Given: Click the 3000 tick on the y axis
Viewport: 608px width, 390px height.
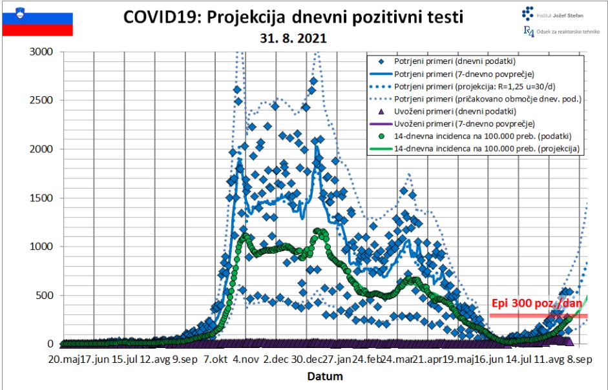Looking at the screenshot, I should coord(42,52).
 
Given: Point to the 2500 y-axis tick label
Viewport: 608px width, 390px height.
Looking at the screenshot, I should coord(42,101).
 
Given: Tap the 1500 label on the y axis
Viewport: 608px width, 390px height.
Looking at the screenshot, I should coord(42,198).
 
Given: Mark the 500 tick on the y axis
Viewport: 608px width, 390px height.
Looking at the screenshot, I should coord(45,296).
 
